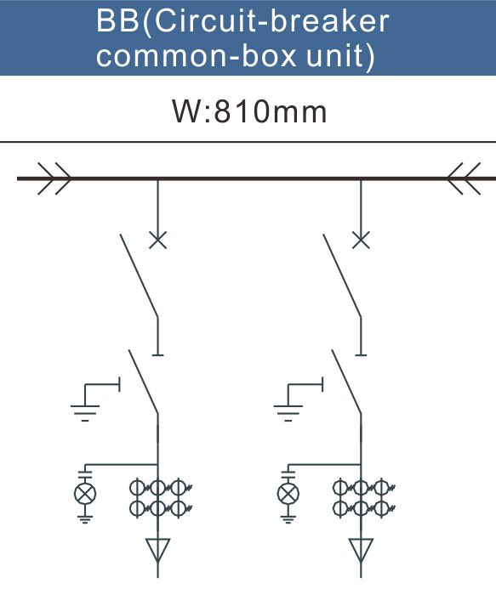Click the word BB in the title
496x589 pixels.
click(117, 21)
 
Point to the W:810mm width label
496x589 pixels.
click(249, 110)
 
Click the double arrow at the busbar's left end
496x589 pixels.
click(54, 178)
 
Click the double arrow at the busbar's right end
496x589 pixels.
click(464, 178)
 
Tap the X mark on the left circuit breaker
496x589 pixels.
click(158, 240)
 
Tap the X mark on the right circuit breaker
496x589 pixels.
click(361, 240)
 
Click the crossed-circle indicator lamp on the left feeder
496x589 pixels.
click(85, 494)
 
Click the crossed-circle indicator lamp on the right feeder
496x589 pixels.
click(288, 494)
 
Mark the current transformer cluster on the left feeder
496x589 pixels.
click(161, 498)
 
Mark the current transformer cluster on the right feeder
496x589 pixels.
click(364, 498)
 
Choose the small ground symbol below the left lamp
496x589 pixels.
click(85, 519)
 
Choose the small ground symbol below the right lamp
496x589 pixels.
click(288, 519)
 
